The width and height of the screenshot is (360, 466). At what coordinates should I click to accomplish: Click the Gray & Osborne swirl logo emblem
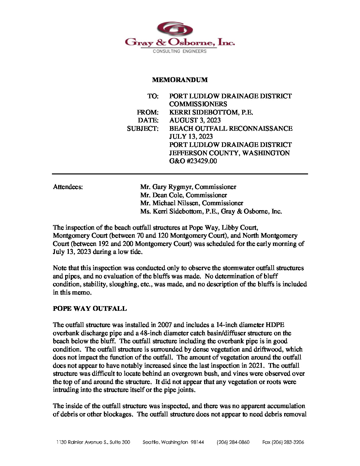pos(175,29)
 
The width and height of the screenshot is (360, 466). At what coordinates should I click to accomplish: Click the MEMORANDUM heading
pos(180,80)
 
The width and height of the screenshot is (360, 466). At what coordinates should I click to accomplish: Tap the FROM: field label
pos(148,112)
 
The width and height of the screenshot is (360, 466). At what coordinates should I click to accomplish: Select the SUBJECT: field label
pos(143,128)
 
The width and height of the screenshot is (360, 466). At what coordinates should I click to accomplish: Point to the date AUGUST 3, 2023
pos(195,120)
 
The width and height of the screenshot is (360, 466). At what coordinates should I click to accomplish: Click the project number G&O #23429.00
pos(193,161)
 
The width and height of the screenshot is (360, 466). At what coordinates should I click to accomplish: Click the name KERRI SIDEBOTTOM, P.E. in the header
pos(211,112)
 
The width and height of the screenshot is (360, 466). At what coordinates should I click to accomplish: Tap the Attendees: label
pos(68,187)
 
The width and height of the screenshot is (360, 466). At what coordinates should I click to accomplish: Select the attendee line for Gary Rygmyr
pos(188,187)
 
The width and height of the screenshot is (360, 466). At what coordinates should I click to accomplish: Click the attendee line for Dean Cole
pos(183,195)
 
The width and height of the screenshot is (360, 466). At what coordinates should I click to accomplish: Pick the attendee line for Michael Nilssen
pos(191,203)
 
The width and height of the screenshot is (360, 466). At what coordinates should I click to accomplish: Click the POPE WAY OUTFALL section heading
pos(90,308)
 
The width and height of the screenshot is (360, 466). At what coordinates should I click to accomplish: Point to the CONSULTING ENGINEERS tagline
pos(179,51)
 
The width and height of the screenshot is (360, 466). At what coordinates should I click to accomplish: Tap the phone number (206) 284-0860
pos(233,442)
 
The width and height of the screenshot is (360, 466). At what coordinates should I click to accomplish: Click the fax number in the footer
pos(283,442)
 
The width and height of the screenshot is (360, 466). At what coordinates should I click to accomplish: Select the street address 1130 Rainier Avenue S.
pos(93,442)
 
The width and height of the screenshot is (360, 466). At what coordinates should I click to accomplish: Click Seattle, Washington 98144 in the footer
pos(173,442)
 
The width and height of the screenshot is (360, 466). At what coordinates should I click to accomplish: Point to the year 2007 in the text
pos(165,325)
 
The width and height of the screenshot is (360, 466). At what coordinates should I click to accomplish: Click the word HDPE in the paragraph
pos(275,325)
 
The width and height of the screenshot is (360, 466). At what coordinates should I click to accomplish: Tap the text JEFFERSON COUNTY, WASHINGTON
pos(229,153)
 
